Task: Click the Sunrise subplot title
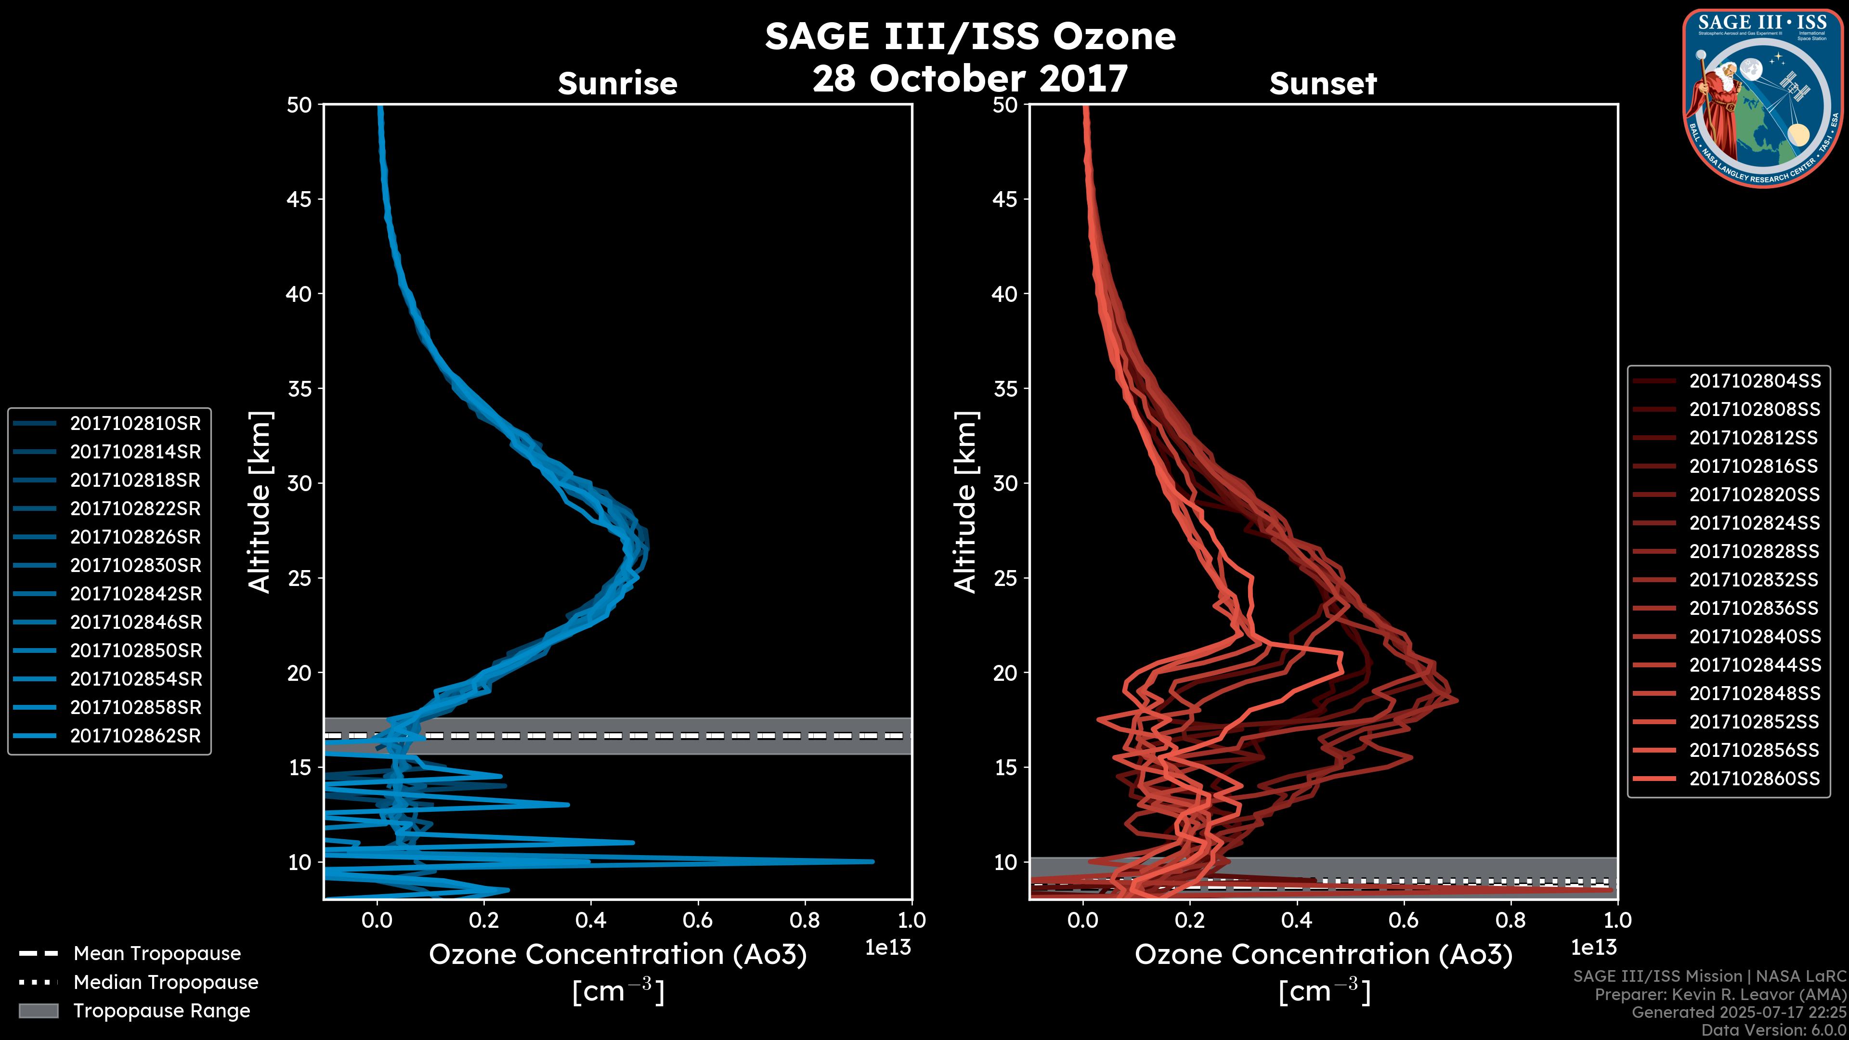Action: (617, 83)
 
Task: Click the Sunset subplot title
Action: (1322, 83)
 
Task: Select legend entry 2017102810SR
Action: (135, 424)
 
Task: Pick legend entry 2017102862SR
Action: (135, 736)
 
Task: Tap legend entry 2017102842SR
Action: (135, 594)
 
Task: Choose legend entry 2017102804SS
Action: (1754, 381)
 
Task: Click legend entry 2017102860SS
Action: (1754, 779)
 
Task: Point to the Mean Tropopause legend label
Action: (156, 953)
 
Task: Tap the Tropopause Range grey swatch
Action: (38, 1011)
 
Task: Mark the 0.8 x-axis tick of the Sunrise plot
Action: (805, 920)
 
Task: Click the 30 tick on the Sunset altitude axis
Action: (1005, 483)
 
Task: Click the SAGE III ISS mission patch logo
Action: (1761, 98)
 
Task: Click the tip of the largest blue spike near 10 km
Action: (872, 861)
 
